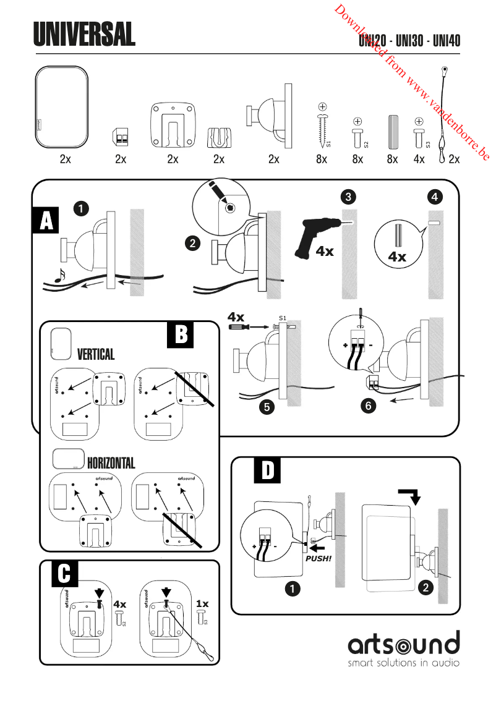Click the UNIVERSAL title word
point(84,35)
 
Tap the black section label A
point(46,221)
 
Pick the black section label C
point(64,573)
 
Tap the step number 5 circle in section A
point(267,408)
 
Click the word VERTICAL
point(96,354)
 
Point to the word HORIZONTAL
point(111,463)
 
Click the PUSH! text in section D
point(319,558)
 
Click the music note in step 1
point(59,275)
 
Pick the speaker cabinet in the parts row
point(62,108)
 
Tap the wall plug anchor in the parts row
point(392,130)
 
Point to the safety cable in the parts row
point(443,117)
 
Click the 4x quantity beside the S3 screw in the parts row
point(419,159)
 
